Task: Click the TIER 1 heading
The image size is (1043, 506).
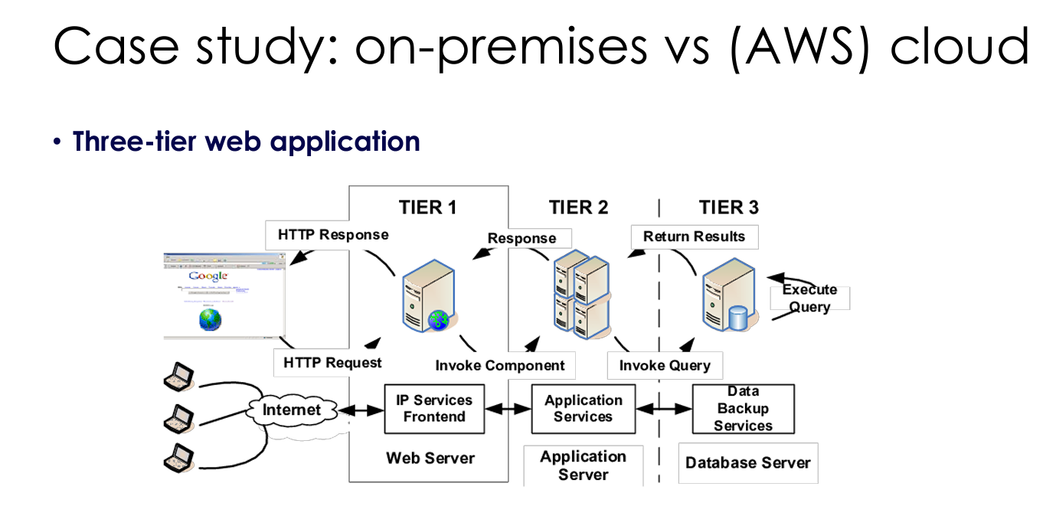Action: click(427, 207)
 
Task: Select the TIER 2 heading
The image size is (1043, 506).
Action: click(578, 207)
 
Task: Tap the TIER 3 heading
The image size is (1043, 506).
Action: click(728, 207)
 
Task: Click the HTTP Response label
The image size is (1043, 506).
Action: click(333, 235)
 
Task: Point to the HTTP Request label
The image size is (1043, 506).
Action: click(332, 362)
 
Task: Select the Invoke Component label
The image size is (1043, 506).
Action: click(500, 365)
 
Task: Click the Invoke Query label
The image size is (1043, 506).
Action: click(665, 365)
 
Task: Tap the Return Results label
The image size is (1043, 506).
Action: click(694, 237)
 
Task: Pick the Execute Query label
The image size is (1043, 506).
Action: click(809, 299)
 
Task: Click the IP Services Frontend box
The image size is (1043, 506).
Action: click(434, 409)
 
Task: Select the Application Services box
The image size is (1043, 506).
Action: click(583, 409)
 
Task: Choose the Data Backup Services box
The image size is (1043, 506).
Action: click(743, 409)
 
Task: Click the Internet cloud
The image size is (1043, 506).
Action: click(292, 410)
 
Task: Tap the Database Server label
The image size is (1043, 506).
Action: click(747, 462)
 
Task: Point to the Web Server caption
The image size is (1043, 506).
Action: click(430, 458)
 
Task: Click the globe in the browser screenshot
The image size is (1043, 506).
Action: click(210, 319)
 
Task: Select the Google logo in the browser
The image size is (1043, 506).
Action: click(208, 276)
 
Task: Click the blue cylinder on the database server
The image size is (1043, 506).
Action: click(737, 318)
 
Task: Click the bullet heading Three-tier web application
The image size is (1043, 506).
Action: click(246, 142)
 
